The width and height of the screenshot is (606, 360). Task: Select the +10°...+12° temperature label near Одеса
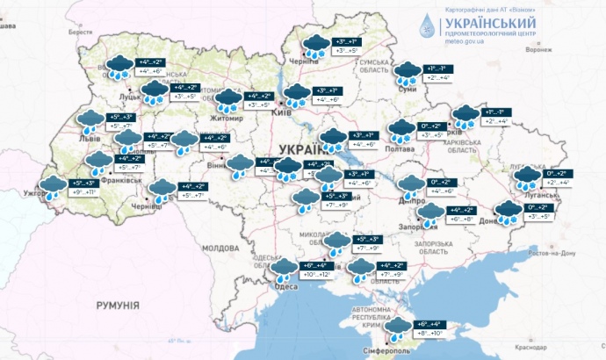coord(318,275)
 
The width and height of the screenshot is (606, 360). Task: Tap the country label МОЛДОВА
coord(220,248)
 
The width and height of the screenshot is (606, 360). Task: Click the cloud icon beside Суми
coord(406,72)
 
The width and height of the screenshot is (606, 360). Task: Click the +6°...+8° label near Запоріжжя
coord(464,220)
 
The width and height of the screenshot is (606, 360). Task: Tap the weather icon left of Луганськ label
coord(527,178)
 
